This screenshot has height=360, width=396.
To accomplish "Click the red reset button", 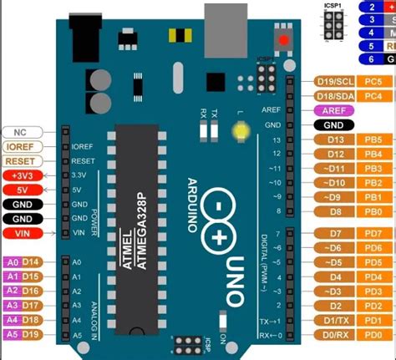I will coord(284,39).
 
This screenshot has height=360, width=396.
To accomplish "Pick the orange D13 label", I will coord(335,139).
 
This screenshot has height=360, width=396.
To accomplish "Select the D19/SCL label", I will coord(336,81).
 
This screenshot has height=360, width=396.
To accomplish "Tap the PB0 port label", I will coord(373,212).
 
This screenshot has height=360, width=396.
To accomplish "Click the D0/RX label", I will coord(335,335).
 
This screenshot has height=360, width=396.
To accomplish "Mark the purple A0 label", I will coord(12,262).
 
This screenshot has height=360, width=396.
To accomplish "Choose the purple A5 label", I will coord(12,335).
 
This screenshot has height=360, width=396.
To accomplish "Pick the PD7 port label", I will coord(373,233).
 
